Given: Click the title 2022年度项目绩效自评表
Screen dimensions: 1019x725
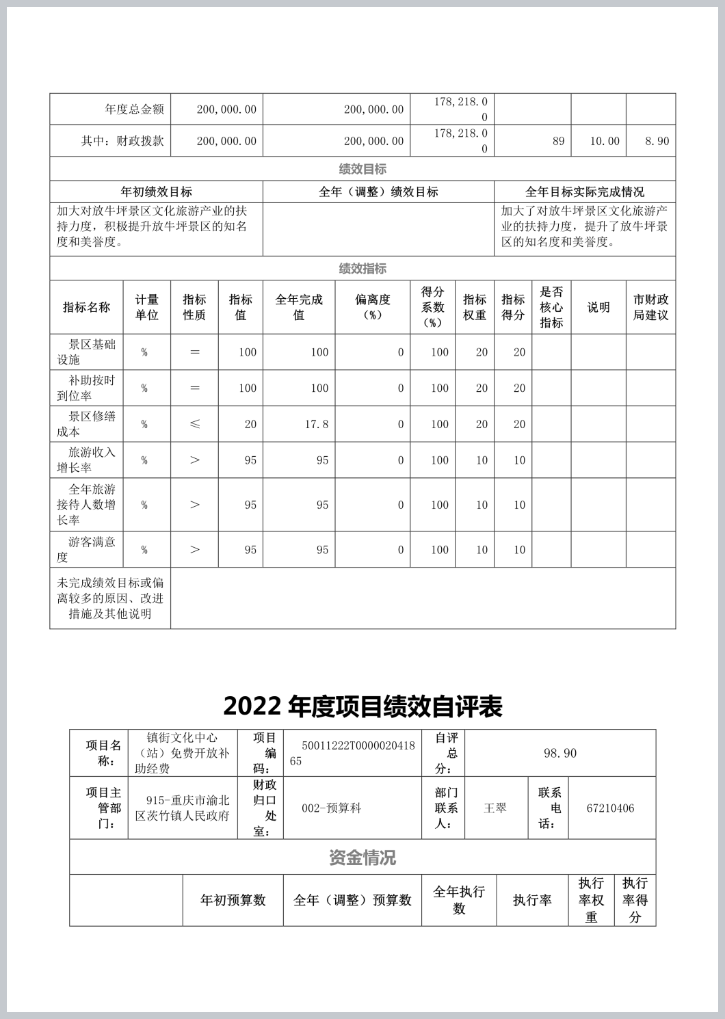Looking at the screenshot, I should pyautogui.click(x=362, y=706).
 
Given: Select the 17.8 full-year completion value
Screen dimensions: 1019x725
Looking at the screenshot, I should pyautogui.click(x=317, y=424).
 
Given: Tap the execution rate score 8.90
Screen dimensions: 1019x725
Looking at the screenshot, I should pyautogui.click(x=657, y=141).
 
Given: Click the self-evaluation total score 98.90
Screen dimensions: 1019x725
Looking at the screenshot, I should pyautogui.click(x=559, y=753).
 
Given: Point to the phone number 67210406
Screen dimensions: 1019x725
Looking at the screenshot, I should pyautogui.click(x=610, y=808).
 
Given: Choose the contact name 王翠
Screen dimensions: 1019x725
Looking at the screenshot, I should pyautogui.click(x=495, y=808).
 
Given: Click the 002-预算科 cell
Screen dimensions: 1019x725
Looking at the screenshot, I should pyautogui.click(x=331, y=808).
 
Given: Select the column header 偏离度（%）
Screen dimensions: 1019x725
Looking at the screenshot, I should pyautogui.click(x=372, y=307).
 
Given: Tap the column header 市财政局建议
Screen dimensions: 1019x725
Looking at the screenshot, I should pyautogui.click(x=650, y=307).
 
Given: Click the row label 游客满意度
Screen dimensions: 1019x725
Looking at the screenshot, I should pyautogui.click(x=86, y=549).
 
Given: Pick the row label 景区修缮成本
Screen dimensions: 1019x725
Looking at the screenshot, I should pyautogui.click(x=86, y=424).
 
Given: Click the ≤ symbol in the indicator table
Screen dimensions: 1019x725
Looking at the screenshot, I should pyautogui.click(x=194, y=424).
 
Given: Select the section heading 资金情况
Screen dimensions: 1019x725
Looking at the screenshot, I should pyautogui.click(x=362, y=858).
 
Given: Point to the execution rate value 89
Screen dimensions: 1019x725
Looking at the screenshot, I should pyautogui.click(x=558, y=141).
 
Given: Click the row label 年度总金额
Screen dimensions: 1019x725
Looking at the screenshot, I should pyautogui.click(x=134, y=109).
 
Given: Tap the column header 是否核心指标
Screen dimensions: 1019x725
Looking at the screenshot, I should pyautogui.click(x=551, y=307).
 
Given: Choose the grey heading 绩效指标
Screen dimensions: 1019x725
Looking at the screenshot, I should pyautogui.click(x=362, y=269).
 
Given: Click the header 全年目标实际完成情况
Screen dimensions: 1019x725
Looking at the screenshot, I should pyautogui.click(x=584, y=191).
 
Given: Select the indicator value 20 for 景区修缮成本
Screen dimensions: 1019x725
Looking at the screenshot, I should pyautogui.click(x=250, y=424).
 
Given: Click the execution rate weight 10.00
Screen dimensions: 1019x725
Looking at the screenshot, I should pyautogui.click(x=605, y=141).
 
